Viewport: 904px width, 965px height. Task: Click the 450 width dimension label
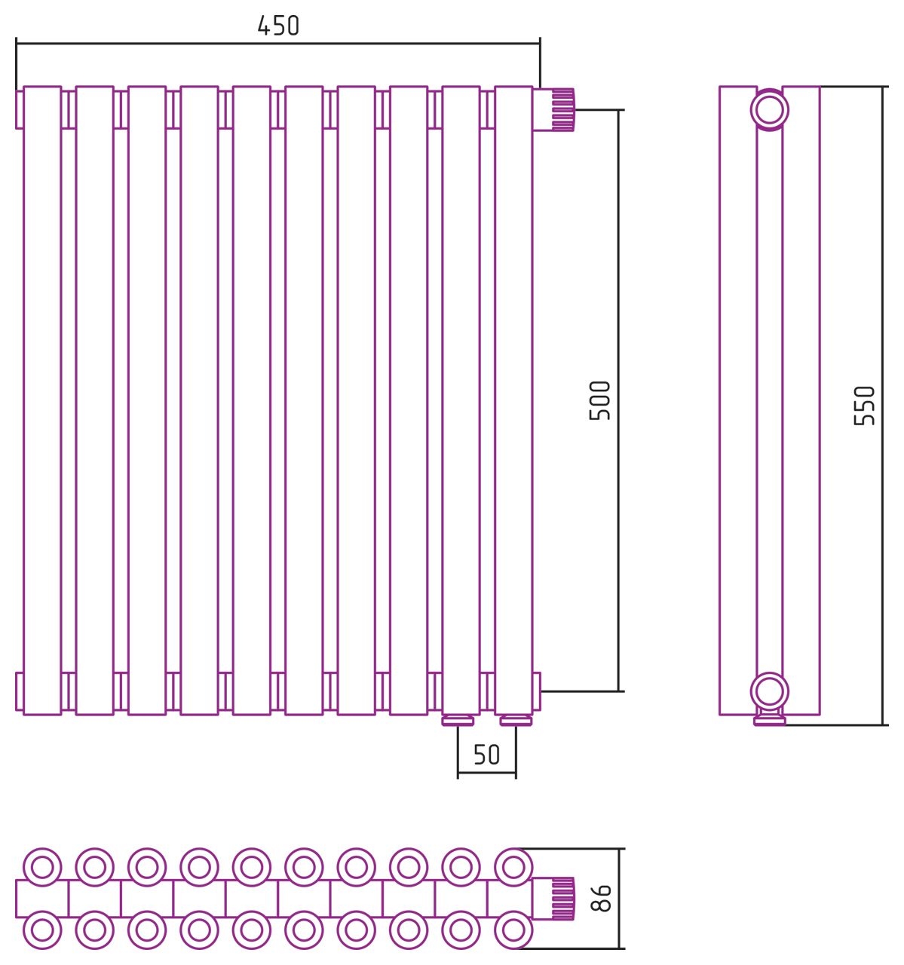tap(278, 26)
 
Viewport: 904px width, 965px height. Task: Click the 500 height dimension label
tap(600, 400)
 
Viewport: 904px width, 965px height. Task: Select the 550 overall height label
tap(865, 406)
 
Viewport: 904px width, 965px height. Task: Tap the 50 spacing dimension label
tap(486, 755)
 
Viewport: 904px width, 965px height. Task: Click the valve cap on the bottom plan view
tap(554, 899)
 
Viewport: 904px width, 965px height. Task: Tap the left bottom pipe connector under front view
tap(458, 721)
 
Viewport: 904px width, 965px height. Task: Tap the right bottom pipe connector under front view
tap(516, 721)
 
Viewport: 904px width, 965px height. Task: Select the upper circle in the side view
tap(770, 110)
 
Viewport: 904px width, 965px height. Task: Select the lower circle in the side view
tap(770, 691)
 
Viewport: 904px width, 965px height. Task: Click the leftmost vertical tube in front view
tap(42, 400)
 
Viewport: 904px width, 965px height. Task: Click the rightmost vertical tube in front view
tap(513, 400)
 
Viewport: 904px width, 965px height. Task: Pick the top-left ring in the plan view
tap(42, 867)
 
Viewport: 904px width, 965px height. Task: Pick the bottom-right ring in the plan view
tap(513, 930)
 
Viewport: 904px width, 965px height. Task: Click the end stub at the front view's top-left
tap(19, 110)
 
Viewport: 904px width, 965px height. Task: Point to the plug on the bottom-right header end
tap(537, 691)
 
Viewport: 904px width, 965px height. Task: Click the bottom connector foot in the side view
tap(770, 720)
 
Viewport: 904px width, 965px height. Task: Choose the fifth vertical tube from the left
tap(252, 400)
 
